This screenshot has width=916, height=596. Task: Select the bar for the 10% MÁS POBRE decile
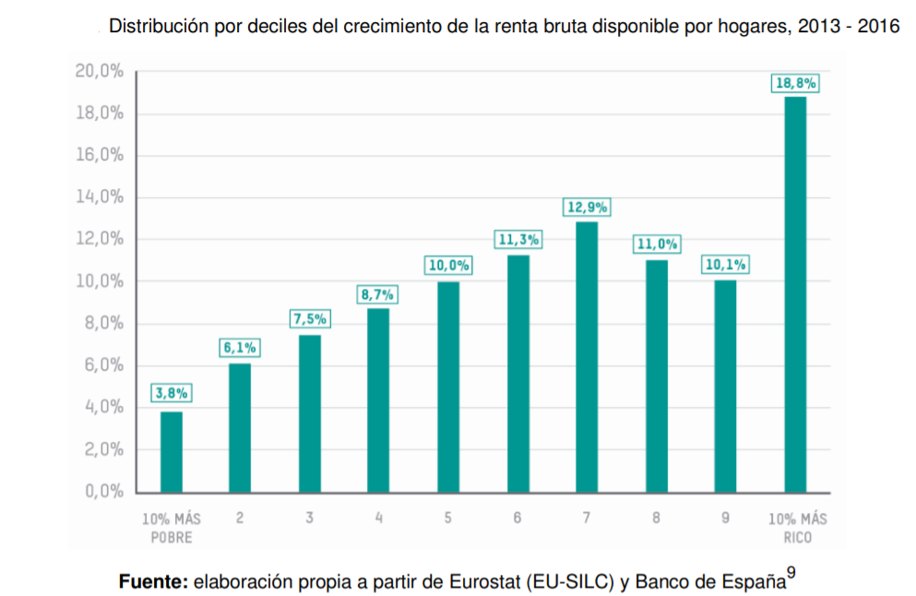[171, 451]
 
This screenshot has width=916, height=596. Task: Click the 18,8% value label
[795, 83]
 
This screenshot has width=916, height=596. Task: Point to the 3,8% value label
[171, 392]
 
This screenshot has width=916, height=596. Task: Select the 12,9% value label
[587, 208]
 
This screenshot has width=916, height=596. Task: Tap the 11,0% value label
[656, 244]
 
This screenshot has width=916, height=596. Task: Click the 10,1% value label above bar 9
[725, 265]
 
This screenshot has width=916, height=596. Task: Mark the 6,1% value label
[240, 348]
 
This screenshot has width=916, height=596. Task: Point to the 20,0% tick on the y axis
[100, 72]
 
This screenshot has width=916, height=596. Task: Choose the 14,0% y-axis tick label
[100, 197]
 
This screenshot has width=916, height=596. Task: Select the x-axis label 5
[447, 519]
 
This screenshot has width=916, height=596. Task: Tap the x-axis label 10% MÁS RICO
[797, 528]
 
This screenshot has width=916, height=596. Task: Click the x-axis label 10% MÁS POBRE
[171, 528]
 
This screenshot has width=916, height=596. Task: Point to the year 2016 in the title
[878, 27]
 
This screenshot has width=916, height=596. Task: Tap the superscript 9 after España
[791, 571]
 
